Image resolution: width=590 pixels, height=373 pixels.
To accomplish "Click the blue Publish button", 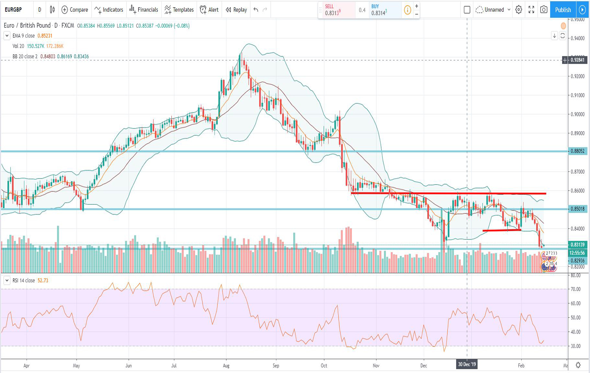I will point(563,10).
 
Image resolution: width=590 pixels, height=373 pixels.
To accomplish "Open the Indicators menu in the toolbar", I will point(109,10).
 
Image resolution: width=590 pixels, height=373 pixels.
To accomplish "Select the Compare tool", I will point(75,10).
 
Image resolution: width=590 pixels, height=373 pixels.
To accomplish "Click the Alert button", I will point(209,10).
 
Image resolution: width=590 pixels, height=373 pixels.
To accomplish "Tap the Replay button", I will point(236,10).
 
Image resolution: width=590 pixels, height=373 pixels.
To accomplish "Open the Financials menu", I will point(144,10).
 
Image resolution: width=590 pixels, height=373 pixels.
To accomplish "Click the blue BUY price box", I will point(385,10).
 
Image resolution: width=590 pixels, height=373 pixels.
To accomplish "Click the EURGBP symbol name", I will point(13,10).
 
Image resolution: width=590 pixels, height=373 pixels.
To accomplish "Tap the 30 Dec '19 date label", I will point(467,365).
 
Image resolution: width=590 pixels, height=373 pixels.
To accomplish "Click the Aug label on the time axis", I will point(226,366).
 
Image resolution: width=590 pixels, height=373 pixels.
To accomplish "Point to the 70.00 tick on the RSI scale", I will point(576,289).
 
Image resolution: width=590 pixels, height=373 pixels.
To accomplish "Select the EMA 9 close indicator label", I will point(24,36).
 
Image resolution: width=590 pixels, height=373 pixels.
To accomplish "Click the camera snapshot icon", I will point(544,10).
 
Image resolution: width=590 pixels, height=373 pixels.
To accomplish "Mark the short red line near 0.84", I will point(502,230).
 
